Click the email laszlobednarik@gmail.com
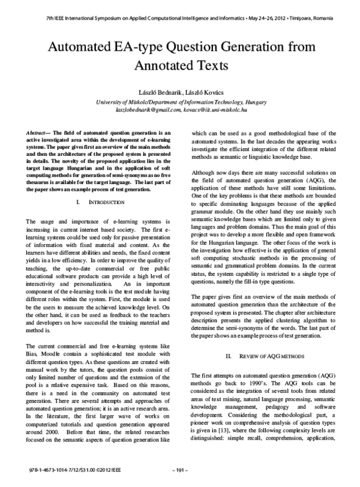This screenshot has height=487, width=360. pyautogui.click(x=146, y=110)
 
